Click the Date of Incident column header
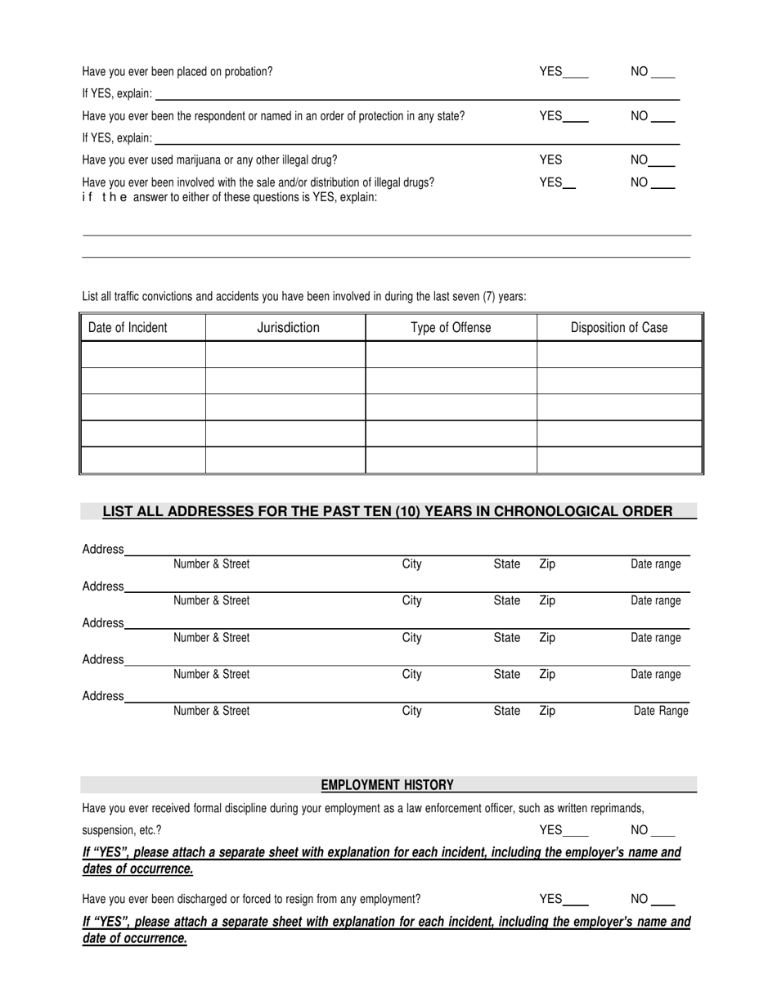(128, 328)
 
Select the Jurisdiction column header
(288, 328)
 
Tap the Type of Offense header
(451, 328)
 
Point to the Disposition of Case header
(619, 328)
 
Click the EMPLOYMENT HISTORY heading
(387, 785)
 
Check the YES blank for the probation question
(576, 73)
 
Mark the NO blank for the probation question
(663, 73)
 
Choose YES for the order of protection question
(576, 117)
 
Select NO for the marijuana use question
(664, 161)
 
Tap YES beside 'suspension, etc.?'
(576, 831)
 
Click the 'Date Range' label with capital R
(661, 711)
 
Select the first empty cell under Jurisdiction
(285, 354)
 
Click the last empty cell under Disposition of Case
(619, 460)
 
